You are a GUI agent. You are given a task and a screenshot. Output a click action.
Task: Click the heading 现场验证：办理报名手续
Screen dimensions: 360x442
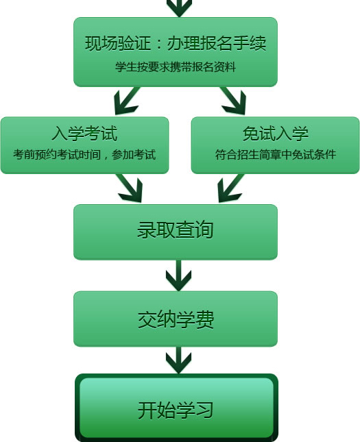point(176,43)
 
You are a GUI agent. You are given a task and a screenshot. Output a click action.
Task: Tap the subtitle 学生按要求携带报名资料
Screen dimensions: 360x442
point(176,67)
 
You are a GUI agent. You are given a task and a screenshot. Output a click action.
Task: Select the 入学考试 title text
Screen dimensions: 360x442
point(84,134)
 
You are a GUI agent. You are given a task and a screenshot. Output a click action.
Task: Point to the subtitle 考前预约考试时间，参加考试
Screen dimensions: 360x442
point(84,154)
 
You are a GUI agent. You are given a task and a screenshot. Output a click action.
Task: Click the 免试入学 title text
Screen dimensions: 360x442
point(276,134)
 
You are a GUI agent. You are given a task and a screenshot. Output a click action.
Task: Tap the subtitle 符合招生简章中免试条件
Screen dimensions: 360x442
point(276,154)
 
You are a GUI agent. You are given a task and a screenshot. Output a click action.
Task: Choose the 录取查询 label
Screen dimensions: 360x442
point(176,230)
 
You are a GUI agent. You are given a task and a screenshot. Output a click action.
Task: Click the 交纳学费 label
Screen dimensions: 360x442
point(176,319)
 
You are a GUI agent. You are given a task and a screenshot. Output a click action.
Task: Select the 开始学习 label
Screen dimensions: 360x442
point(176,410)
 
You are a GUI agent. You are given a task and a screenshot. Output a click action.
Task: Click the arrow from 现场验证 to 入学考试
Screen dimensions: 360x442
point(127,101)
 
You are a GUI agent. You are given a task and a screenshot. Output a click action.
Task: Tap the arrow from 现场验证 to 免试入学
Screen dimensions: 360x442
point(233,101)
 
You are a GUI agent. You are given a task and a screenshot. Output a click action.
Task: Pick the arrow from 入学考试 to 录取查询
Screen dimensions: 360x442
point(130,188)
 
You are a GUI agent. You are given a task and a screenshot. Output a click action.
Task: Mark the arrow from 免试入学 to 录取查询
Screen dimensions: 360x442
point(231,188)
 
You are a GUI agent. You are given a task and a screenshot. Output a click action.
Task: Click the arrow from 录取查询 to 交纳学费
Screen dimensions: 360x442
point(178,275)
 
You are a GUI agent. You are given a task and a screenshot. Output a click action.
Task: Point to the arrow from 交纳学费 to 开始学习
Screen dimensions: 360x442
point(178,360)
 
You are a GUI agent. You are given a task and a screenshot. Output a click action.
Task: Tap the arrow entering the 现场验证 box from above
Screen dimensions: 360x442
point(180,8)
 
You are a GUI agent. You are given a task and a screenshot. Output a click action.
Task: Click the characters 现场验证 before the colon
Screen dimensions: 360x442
point(118,43)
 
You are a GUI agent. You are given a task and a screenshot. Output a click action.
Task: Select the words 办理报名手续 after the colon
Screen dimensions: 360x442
point(217,43)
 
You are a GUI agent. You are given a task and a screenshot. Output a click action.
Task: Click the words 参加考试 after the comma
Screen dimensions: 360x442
point(134,154)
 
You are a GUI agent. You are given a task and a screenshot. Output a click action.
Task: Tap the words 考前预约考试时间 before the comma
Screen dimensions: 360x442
point(57,154)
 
